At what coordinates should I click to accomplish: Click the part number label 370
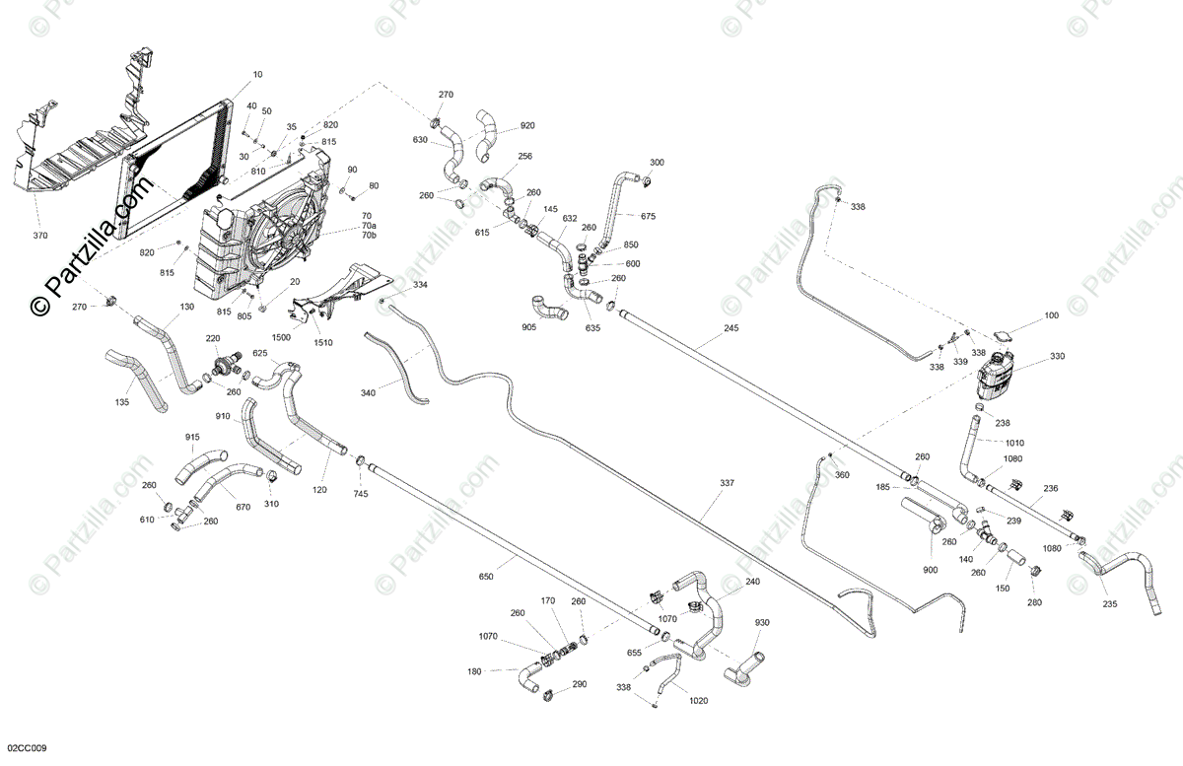pos(40,237)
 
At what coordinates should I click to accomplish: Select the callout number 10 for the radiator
pos(257,75)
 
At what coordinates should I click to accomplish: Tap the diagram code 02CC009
pos(26,749)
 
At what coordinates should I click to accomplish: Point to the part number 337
pos(728,483)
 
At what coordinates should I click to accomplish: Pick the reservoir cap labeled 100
pos(1005,335)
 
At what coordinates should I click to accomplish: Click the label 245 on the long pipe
pos(731,328)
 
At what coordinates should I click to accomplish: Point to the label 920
pos(527,125)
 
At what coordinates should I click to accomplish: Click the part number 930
pos(762,623)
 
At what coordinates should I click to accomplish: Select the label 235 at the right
pos(1109,605)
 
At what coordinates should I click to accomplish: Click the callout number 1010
pos(1014,443)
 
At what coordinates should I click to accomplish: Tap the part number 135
pos(122,402)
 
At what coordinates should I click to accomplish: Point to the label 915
pos(192,437)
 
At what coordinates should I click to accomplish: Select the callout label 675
pos(648,216)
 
